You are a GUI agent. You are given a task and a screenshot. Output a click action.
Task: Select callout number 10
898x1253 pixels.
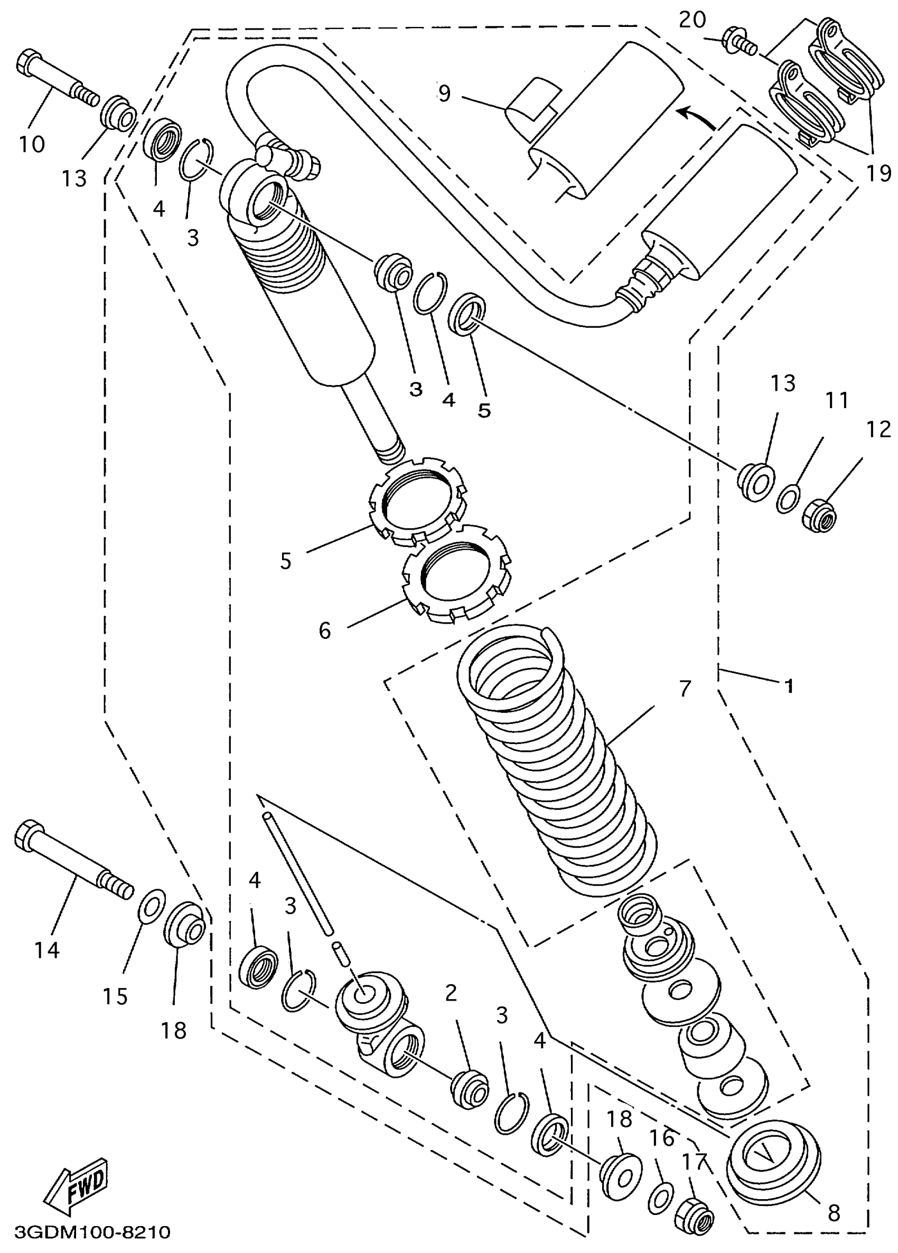pyautogui.click(x=32, y=145)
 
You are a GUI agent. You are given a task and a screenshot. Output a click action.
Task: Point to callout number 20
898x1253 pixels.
pyautogui.click(x=692, y=21)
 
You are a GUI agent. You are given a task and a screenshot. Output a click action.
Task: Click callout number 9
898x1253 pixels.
pyautogui.click(x=444, y=93)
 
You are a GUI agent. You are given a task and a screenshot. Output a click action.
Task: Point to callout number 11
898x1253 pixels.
pyautogui.click(x=836, y=401)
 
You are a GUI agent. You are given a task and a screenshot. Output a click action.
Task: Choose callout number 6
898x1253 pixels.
pyautogui.click(x=324, y=630)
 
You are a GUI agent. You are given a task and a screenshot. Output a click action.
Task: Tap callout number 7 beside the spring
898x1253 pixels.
pyautogui.click(x=685, y=689)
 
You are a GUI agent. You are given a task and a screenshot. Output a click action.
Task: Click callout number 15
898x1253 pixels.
pyautogui.click(x=115, y=996)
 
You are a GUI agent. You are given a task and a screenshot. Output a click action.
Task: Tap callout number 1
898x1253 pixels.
pyautogui.click(x=790, y=686)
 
